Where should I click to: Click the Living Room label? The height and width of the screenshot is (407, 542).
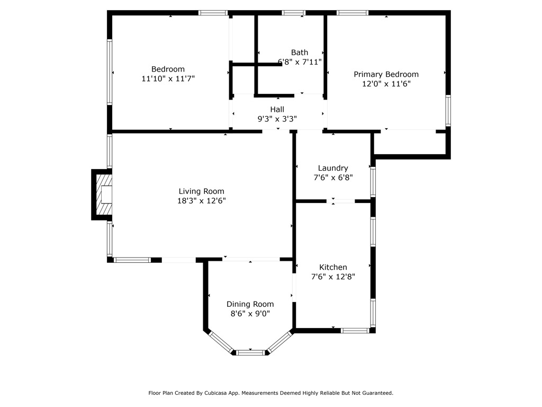pyautogui.click(x=201, y=191)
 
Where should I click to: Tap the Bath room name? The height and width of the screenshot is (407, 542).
pyautogui.click(x=300, y=52)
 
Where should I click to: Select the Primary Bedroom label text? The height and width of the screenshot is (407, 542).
pyautogui.click(x=386, y=74)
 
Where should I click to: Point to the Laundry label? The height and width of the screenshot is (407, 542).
pyautogui.click(x=333, y=168)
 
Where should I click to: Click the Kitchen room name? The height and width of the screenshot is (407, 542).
pyautogui.click(x=333, y=267)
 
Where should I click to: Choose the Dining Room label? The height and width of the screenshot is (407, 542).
pyautogui.click(x=250, y=304)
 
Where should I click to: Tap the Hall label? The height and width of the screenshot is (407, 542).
pyautogui.click(x=277, y=109)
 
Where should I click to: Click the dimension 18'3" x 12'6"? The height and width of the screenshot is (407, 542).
pyautogui.click(x=202, y=201)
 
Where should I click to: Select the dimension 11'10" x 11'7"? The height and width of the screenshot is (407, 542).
pyautogui.click(x=168, y=78)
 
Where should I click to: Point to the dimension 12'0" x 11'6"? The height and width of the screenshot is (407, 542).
pyautogui.click(x=386, y=84)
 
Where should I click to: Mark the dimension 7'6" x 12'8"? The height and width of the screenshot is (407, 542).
pyautogui.click(x=333, y=277)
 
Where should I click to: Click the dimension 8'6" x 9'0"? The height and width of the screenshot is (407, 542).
pyautogui.click(x=250, y=314)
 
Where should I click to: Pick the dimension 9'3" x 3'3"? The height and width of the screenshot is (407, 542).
pyautogui.click(x=277, y=119)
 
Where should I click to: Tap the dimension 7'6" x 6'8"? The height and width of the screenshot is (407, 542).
pyautogui.click(x=333, y=178)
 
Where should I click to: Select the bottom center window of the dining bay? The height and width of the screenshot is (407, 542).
pyautogui.click(x=250, y=352)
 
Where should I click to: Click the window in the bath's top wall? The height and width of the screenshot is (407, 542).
pyautogui.click(x=293, y=13)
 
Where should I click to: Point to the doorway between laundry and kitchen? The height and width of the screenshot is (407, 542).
pyautogui.click(x=340, y=201)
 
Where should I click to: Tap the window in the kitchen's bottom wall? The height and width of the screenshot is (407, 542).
pyautogui.click(x=355, y=331)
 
